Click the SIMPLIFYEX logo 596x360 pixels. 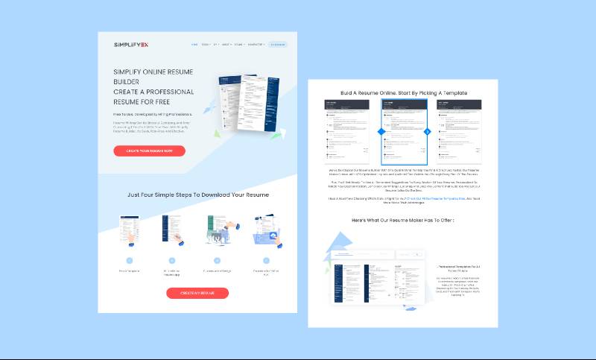(x=130, y=45)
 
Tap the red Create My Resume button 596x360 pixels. (x=197, y=293)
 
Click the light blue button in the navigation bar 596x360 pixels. (x=277, y=45)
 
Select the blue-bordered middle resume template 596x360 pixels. (x=405, y=131)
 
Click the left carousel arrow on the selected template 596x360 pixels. (x=381, y=131)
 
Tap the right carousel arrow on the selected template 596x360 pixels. (x=428, y=131)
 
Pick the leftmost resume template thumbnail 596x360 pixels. (x=346, y=131)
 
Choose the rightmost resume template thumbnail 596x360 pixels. (x=459, y=131)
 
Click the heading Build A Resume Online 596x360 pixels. (x=404, y=92)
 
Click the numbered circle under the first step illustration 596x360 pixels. (x=130, y=261)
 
